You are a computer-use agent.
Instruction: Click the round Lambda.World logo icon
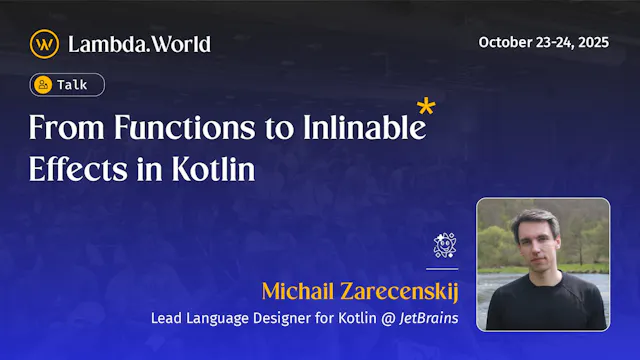tap(44, 43)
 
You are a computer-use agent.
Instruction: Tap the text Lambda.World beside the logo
tap(139, 44)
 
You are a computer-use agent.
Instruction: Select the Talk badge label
tap(71, 85)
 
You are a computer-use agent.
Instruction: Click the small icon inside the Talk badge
tap(43, 85)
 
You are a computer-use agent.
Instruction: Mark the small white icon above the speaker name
tap(444, 245)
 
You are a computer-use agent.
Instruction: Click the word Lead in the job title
tap(166, 319)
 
